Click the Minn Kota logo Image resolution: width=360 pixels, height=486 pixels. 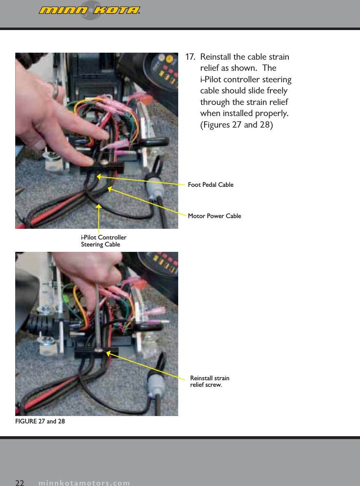90,10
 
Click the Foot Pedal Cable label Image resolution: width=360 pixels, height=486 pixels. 210,185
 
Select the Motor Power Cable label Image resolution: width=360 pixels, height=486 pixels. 214,216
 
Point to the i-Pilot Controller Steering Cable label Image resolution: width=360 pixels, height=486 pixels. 103,241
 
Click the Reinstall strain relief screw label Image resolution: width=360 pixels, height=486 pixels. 209,381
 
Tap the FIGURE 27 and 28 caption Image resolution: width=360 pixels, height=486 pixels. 40,421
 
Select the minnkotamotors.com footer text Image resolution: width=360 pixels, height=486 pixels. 84,483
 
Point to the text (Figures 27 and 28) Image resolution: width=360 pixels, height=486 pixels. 236,124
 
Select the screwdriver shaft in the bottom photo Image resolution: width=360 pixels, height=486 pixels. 98,313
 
